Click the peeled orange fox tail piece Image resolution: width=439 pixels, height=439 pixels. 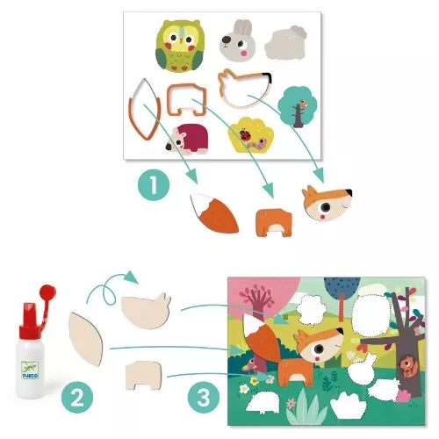coord(213,212)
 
